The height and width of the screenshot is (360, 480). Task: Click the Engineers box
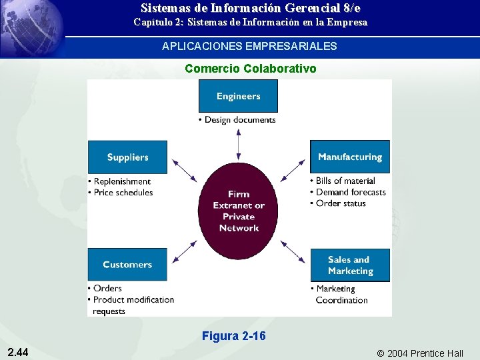point(238,96)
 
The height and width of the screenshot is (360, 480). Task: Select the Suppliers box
point(127,157)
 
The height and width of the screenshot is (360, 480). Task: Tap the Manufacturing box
point(350,157)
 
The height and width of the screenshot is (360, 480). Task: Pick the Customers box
point(127,265)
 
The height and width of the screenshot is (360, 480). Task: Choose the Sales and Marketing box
point(350,265)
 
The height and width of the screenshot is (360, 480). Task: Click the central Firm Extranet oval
point(239,211)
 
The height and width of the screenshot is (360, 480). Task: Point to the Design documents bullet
point(239,120)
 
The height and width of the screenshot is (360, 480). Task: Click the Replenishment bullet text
point(122,181)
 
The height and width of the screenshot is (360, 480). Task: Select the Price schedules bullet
point(123,193)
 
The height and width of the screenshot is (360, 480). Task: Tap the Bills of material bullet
point(345,181)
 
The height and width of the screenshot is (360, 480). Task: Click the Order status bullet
point(341,203)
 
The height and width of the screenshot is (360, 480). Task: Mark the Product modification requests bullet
point(133,305)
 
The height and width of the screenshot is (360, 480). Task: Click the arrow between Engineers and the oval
point(239,144)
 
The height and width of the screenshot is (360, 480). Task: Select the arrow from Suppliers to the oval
point(185,171)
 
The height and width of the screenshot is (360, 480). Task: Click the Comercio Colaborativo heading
point(250,69)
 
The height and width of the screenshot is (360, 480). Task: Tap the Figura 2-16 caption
point(233,336)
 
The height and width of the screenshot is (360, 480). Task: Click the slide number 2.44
point(19,352)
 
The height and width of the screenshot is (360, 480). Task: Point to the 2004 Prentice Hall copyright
point(420,353)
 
